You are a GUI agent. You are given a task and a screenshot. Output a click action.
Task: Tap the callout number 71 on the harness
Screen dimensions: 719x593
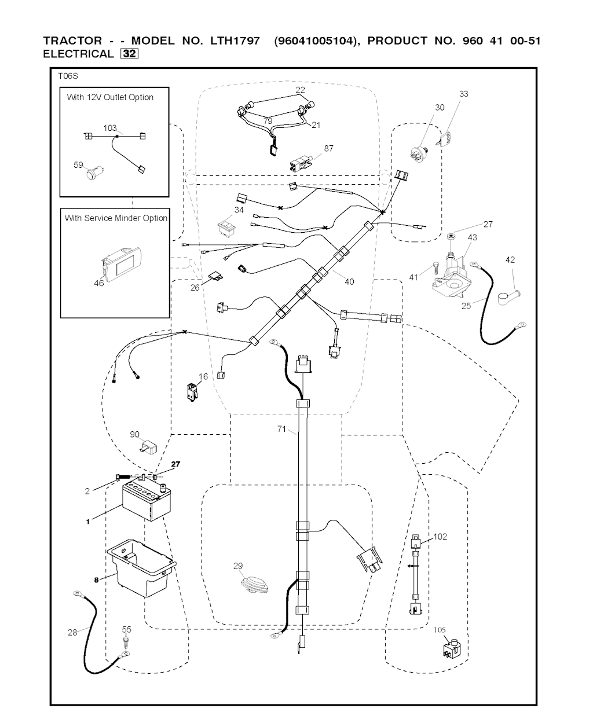282,430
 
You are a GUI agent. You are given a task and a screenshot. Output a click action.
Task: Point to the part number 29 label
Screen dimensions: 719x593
238,566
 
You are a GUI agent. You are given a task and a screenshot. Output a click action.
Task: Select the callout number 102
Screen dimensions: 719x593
440,537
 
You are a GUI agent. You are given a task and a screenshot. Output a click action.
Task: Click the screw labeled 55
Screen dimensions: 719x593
126,643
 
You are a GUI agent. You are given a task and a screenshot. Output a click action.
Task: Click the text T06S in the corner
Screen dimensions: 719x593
68,76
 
